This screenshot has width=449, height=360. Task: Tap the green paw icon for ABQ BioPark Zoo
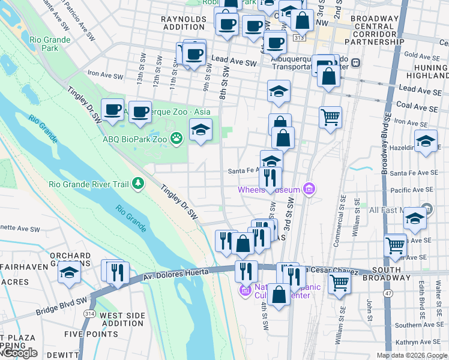tap(176, 139)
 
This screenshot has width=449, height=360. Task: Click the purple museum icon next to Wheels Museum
tap(309, 190)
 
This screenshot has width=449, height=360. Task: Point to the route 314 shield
tap(90, 314)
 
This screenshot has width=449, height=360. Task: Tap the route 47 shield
tap(390, 292)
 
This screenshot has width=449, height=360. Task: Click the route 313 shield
tap(298, 38)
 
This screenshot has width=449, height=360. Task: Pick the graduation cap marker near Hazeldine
tap(426, 142)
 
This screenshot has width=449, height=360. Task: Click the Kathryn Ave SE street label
tap(419, 341)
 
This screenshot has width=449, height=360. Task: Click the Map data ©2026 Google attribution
tap(411, 355)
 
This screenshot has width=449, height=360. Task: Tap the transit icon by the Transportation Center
tap(355, 62)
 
